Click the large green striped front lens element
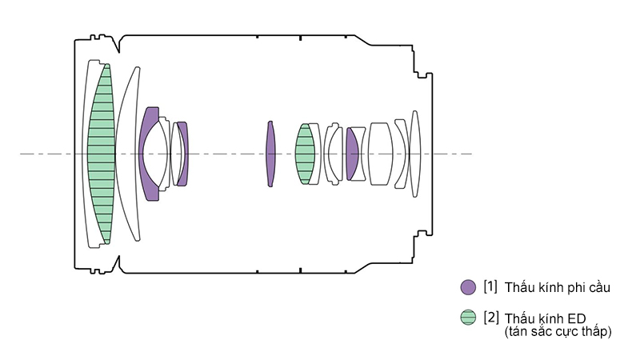(x=102, y=154)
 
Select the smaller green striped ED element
(x=305, y=154)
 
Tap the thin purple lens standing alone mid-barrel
(x=270, y=154)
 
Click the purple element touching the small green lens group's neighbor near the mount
(x=352, y=154)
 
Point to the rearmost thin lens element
(x=414, y=154)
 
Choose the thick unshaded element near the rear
(x=381, y=154)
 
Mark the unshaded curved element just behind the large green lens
(x=128, y=154)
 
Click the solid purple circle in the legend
(x=468, y=287)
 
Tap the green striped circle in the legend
(x=468, y=317)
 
